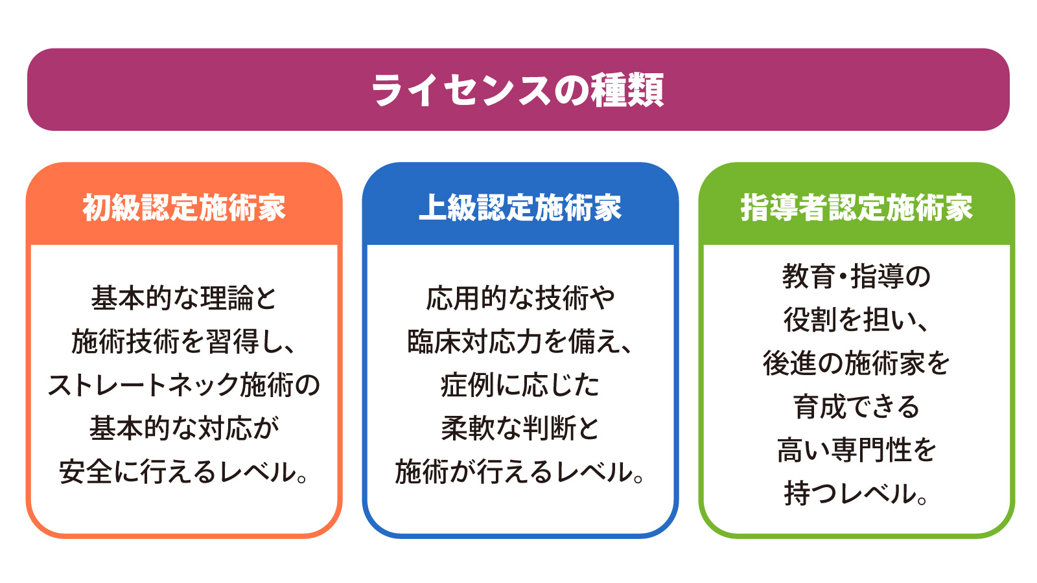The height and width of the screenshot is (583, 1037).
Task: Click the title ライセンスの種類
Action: pos(518,90)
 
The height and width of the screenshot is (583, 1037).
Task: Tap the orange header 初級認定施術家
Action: pos(184,207)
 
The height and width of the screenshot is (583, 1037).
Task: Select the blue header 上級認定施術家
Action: pos(520,207)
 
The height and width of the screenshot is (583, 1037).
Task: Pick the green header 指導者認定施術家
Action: pos(856,207)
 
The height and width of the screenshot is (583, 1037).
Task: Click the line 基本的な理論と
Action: pos(184,298)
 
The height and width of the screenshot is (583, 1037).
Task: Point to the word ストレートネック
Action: pos(143,385)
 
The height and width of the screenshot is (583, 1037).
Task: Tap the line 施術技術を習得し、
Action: pos(184,341)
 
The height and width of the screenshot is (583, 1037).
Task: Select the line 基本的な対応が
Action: pos(184,428)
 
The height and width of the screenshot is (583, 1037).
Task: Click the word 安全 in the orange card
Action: pos(86,472)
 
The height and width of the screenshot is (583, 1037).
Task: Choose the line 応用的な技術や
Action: pos(520,298)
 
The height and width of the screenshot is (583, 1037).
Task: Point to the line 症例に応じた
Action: pos(520,385)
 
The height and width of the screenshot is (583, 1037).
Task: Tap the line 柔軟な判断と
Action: pos(520,428)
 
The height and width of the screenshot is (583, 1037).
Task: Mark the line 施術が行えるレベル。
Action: pos(520,472)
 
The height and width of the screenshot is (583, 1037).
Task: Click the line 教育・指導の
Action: pos(856,276)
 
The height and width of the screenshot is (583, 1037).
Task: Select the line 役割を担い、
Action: pos(856,320)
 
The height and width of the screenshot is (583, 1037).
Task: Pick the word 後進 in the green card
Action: pos(789,363)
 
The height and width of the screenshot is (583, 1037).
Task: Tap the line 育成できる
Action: pos(856,407)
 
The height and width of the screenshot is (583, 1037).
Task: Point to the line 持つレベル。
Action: pos(856,494)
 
